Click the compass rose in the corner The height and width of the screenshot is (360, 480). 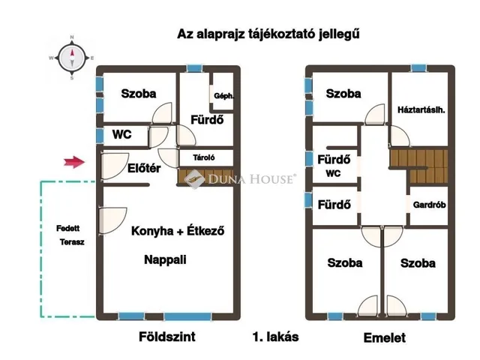pyautogui.click(x=72, y=56)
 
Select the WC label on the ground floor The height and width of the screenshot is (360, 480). pyautogui.click(x=122, y=135)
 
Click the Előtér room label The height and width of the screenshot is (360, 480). pyautogui.click(x=144, y=169)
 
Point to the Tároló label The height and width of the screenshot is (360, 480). pyautogui.click(x=205, y=157)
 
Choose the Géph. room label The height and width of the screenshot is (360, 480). pyautogui.click(x=223, y=96)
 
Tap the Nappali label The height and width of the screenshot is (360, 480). pyautogui.click(x=165, y=260)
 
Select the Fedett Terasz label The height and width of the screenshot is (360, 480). pyautogui.click(x=70, y=235)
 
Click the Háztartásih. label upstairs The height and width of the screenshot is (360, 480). pyautogui.click(x=421, y=109)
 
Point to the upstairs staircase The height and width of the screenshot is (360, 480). pyautogui.click(x=417, y=166)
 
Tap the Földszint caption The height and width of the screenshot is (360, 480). pyautogui.click(x=168, y=337)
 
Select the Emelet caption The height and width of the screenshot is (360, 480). pyautogui.click(x=385, y=338)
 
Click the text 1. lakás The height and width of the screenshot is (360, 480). pyautogui.click(x=276, y=337)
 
